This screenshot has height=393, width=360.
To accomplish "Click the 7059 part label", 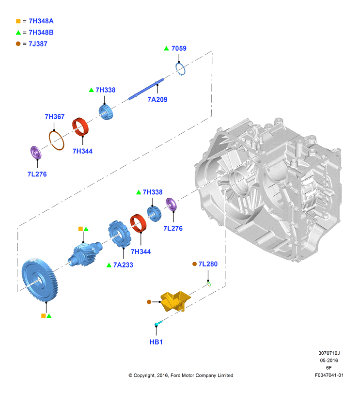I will pyautogui.click(x=178, y=48).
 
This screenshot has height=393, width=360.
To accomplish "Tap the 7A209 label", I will pyautogui.click(x=158, y=99).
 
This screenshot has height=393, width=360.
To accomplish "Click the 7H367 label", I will pyautogui.click(x=55, y=117).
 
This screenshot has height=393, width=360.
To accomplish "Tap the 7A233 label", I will pyautogui.click(x=123, y=265).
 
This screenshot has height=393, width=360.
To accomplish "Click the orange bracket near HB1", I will pyautogui.click(x=174, y=300).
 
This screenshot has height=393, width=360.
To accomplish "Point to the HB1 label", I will pyautogui.click(x=156, y=342).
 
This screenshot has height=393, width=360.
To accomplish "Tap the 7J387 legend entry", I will pyautogui.click(x=38, y=44).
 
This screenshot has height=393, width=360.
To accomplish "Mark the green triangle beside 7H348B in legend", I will pyautogui.click(x=18, y=32).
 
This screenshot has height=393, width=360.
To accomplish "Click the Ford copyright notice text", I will pyautogui.click(x=181, y=376).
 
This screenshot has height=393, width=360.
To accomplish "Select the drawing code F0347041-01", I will pyautogui.click(x=329, y=376).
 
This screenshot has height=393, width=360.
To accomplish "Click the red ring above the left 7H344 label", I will pyautogui.click(x=81, y=128).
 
